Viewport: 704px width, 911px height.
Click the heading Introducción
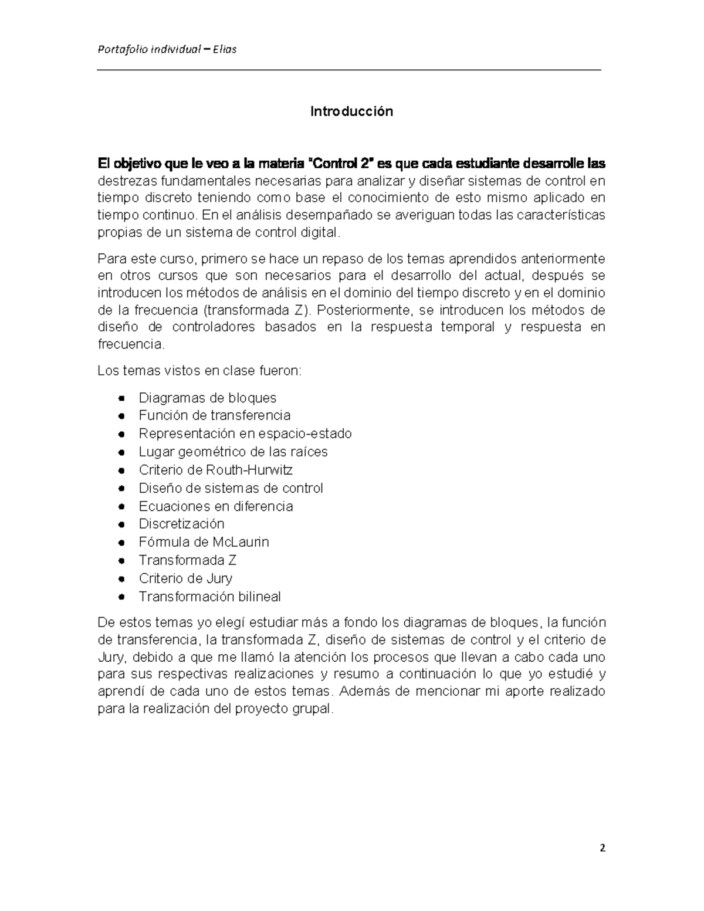tap(351, 111)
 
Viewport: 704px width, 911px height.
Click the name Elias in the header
tap(225, 49)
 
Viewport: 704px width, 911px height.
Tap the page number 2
tap(602, 848)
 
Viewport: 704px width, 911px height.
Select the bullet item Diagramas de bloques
tap(207, 398)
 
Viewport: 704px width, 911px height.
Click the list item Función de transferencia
tap(214, 415)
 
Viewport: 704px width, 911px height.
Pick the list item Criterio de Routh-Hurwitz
tap(215, 470)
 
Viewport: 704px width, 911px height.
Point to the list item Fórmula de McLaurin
tap(204, 542)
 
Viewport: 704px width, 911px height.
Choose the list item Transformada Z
tap(188, 560)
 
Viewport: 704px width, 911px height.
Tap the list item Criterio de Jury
tap(185, 578)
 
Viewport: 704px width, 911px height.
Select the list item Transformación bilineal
tap(209, 597)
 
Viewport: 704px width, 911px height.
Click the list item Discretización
tap(181, 524)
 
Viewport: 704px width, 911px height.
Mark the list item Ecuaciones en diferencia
tap(215, 506)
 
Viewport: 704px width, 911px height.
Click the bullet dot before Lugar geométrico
tap(121, 452)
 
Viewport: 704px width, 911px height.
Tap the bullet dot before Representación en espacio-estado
tap(121, 434)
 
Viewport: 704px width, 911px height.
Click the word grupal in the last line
tap(312, 709)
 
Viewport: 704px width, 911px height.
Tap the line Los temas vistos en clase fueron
tap(199, 371)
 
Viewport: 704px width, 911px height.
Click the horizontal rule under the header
tap(350, 70)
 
